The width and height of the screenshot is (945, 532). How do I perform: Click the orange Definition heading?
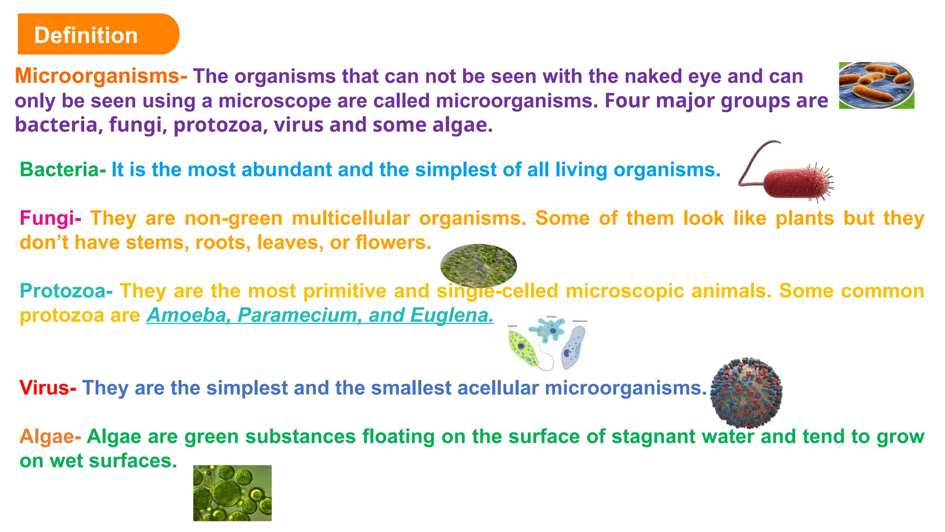(86, 35)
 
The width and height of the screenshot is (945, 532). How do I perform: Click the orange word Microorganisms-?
(101, 76)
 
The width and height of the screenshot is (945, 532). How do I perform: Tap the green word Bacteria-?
(63, 170)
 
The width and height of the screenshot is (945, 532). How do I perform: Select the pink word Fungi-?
(50, 218)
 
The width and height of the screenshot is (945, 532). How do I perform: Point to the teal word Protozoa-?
(66, 291)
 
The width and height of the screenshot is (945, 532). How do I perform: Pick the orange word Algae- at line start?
(50, 436)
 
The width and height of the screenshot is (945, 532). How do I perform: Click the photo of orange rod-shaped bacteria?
(876, 86)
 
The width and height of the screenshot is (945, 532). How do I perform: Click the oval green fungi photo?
(478, 266)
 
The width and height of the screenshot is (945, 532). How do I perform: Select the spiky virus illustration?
(746, 392)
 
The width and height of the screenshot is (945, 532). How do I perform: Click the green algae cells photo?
(232, 493)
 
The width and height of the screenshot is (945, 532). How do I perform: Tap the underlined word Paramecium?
(300, 315)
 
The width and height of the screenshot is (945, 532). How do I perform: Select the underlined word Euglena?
(451, 315)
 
